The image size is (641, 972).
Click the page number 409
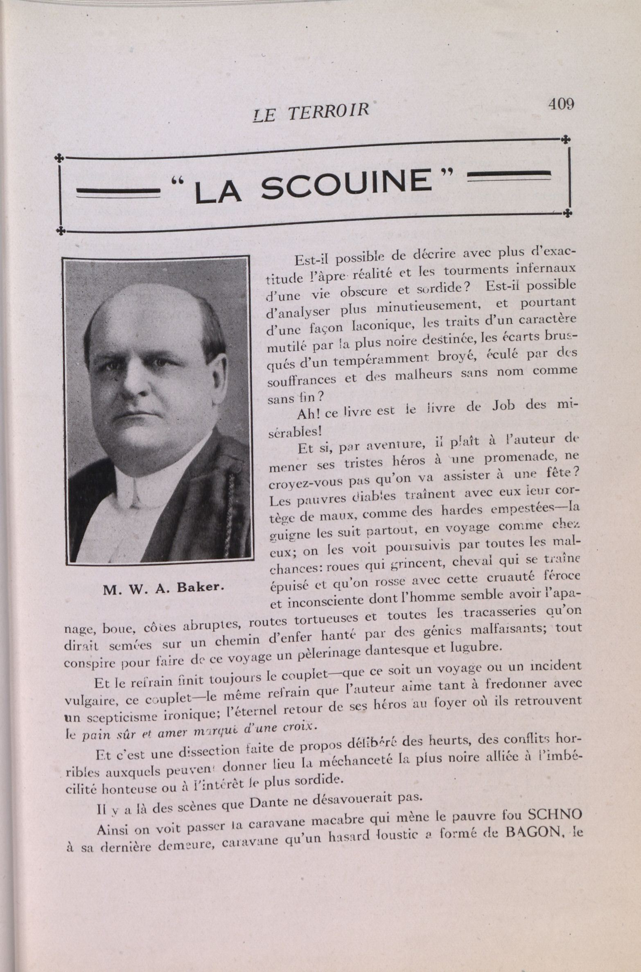(x=561, y=104)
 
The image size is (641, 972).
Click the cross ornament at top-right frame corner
(x=566, y=139)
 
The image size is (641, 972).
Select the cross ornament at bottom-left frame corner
(x=61, y=231)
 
